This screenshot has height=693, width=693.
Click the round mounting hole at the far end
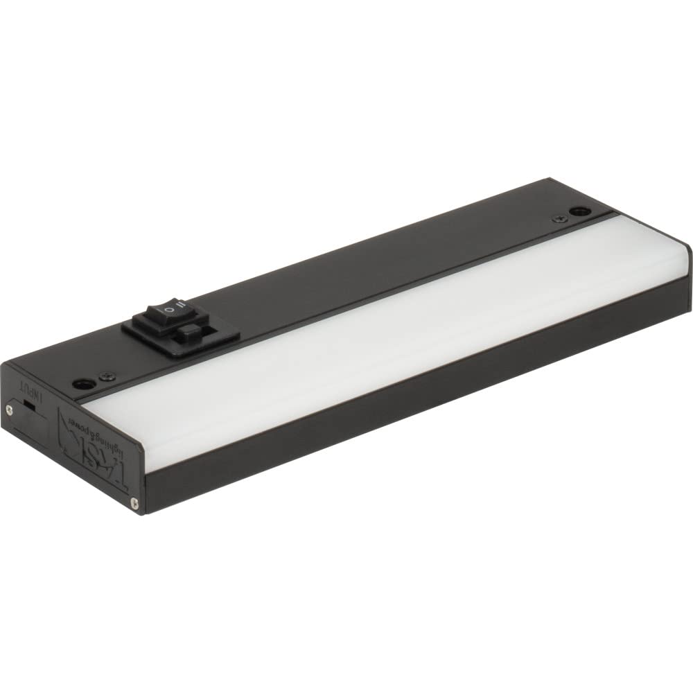(579, 212)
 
